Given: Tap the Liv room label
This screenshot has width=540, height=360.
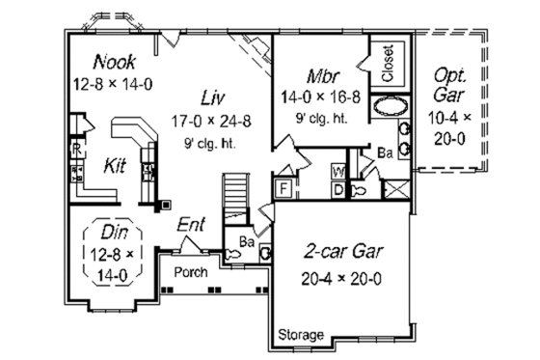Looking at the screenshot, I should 213,97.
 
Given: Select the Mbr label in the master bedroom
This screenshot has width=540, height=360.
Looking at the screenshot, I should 322,75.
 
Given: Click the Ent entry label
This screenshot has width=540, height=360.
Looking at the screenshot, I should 192,225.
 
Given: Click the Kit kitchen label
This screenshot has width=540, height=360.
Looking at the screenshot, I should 116,166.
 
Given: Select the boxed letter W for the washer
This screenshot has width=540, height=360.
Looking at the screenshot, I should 338,172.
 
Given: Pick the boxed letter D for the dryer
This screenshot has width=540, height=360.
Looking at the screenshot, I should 338,187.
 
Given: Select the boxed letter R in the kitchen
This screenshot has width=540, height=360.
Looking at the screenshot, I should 75,149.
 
